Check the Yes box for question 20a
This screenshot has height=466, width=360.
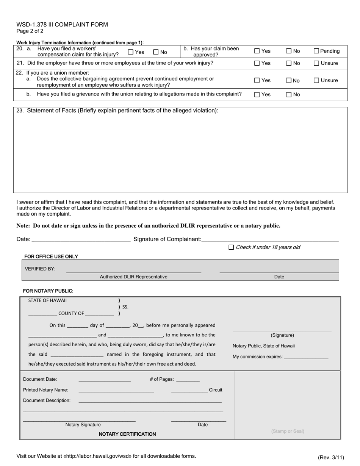[x=131, y=52]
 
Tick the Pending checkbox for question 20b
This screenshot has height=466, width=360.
[x=317, y=51]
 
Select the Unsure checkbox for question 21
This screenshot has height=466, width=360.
[x=317, y=63]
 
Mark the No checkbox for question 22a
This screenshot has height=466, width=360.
[x=289, y=80]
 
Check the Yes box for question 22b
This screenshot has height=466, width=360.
[x=257, y=95]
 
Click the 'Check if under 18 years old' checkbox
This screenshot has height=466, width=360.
[x=231, y=247]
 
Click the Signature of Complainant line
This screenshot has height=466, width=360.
[x=270, y=239]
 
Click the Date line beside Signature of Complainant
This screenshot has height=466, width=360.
[x=81, y=239]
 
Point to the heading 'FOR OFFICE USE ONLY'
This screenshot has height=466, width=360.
[x=51, y=256]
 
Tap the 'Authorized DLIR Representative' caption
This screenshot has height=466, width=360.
[x=133, y=277]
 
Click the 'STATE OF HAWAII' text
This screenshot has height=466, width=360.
[x=47, y=300]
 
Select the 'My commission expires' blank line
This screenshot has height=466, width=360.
[x=306, y=357]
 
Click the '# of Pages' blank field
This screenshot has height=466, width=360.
[x=188, y=380]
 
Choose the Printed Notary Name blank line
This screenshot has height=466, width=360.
[x=116, y=390]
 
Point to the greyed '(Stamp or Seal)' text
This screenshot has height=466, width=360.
[x=288, y=431]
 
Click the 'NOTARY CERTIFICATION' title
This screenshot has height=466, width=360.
[x=127, y=434]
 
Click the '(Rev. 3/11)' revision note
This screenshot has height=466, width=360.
[x=331, y=457]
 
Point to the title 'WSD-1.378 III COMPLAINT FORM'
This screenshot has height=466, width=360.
[x=62, y=25]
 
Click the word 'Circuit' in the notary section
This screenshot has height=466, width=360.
[x=216, y=390]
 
